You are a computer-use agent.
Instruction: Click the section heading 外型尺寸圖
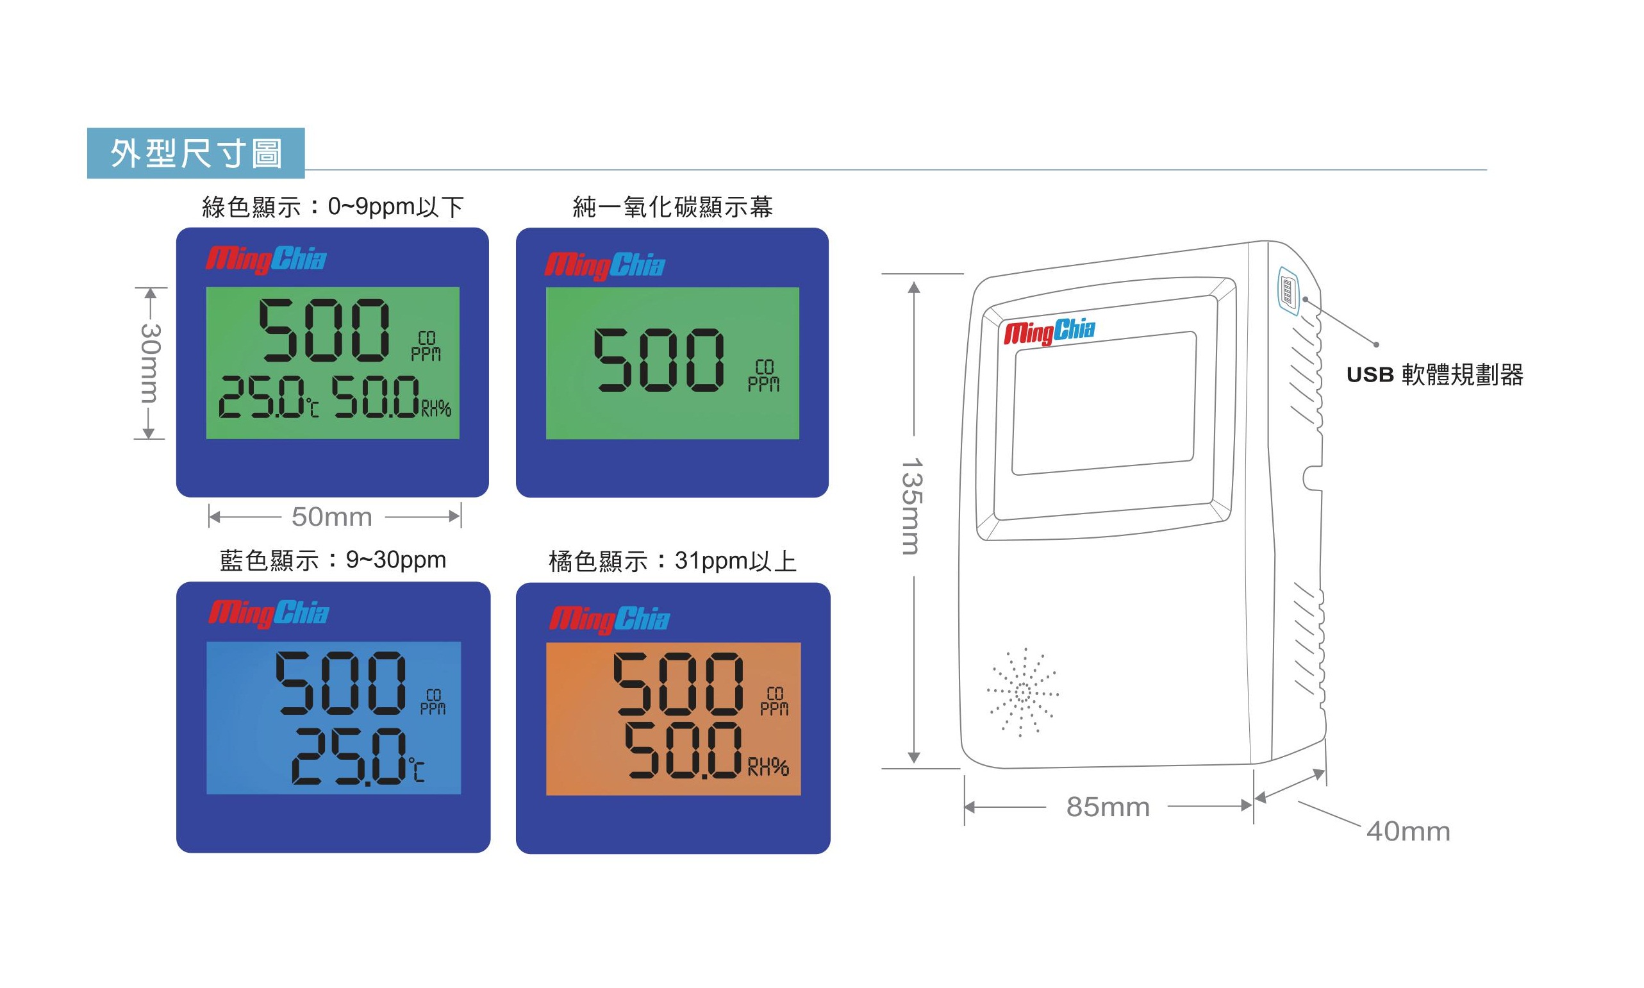(x=196, y=154)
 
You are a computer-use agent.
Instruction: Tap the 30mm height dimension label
(x=151, y=363)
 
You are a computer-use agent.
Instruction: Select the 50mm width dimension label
(x=332, y=517)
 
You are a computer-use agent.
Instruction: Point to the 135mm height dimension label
(x=911, y=506)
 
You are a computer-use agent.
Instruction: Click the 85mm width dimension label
(x=1108, y=807)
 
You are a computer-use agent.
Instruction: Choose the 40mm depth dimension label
(x=1408, y=832)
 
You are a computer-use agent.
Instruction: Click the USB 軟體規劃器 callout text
(x=1435, y=375)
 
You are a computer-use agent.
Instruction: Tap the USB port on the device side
(x=1288, y=291)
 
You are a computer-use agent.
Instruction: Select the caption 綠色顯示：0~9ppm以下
(x=333, y=207)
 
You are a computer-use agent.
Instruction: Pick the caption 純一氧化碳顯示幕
(x=673, y=207)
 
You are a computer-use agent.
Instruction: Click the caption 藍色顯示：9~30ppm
(x=333, y=560)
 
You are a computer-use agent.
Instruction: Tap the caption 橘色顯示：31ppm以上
(x=673, y=561)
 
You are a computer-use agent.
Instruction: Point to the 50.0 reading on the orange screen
(x=683, y=750)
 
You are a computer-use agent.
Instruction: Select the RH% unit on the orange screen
(x=768, y=767)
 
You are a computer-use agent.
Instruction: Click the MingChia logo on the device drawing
(x=1050, y=331)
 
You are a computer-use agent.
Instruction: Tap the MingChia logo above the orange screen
(x=610, y=619)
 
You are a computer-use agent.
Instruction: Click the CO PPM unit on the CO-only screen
(x=763, y=376)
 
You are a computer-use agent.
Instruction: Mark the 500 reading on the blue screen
(x=340, y=683)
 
